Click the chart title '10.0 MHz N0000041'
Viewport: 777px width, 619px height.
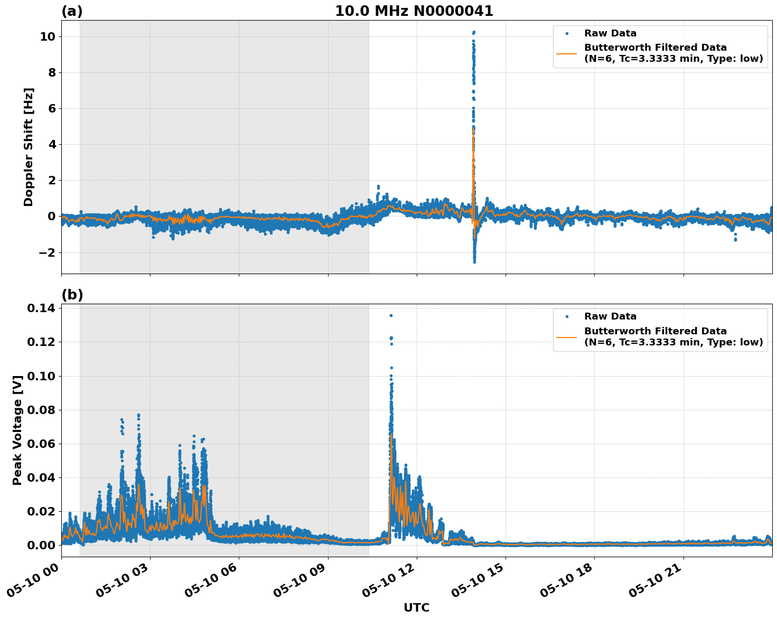click(414, 11)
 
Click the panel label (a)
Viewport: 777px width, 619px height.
click(72, 11)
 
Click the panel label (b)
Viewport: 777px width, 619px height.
click(72, 295)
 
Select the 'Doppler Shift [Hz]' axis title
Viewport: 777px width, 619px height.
click(29, 147)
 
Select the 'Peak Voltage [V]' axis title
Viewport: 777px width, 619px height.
click(17, 430)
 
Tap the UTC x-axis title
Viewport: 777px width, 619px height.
click(416, 607)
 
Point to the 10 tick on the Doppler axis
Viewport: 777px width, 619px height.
click(48, 36)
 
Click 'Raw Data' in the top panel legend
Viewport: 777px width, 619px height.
click(610, 33)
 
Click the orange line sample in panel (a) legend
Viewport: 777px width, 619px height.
click(567, 53)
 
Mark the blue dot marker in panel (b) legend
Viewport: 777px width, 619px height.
click(567, 316)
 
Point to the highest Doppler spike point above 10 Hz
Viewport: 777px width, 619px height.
click(474, 32)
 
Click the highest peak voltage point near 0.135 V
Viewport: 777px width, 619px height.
click(391, 315)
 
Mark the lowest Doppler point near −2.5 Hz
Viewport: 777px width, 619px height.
click(474, 261)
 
